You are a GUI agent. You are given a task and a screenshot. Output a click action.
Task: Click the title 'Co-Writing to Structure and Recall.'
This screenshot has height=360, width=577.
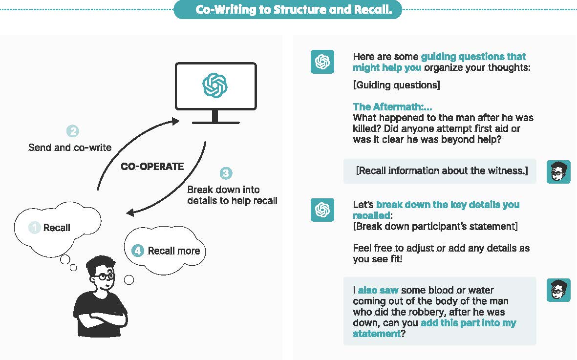(287, 10)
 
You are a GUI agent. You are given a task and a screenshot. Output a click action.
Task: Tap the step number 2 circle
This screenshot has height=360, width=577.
(72, 131)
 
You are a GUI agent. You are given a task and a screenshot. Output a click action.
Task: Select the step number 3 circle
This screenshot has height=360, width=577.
(225, 173)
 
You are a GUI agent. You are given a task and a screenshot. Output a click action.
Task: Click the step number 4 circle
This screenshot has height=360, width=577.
(138, 251)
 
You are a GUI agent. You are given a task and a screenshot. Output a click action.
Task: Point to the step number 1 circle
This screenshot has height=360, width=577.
(35, 228)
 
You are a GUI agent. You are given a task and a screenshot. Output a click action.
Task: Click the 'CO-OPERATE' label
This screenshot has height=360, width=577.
(152, 167)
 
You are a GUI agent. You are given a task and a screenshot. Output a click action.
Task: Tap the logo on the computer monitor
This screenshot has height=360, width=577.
(215, 85)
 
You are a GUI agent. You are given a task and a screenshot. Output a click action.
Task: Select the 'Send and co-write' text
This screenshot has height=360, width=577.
(70, 147)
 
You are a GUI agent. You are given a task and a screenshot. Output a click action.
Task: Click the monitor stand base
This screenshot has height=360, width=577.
(215, 122)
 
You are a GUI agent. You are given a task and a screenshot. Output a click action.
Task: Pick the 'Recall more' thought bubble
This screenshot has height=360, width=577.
(166, 251)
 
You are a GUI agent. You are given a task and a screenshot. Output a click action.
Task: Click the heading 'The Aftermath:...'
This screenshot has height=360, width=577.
(392, 107)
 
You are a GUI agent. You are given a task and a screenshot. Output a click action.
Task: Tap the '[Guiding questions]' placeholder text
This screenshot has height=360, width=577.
(396, 85)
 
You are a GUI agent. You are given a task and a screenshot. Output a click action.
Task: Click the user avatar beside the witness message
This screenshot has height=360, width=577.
(558, 171)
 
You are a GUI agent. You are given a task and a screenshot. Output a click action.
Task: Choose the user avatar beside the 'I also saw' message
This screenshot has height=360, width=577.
(558, 290)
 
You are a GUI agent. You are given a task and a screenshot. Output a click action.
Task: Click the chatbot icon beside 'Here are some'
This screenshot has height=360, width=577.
(322, 62)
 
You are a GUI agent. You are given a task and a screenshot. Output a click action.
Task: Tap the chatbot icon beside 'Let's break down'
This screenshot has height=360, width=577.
(322, 210)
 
